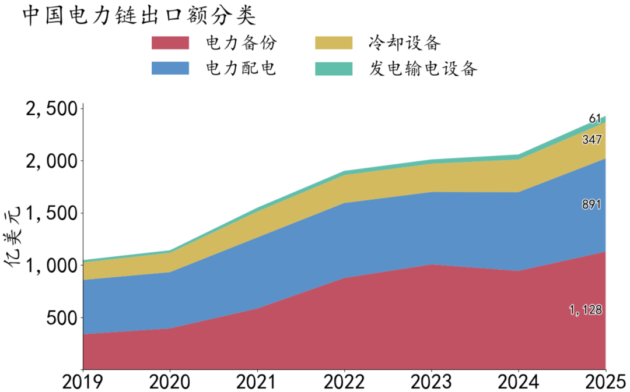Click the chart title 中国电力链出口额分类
coord(139,16)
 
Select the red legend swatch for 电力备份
coord(170,43)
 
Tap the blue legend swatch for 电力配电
coord(170,68)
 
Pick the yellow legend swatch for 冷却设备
coord(334,43)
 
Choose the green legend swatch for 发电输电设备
coord(334,69)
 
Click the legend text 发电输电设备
coord(423,69)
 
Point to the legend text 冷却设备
coord(405,43)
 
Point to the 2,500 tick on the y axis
coord(51,109)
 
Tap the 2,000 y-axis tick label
coord(51,161)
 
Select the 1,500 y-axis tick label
coord(51,213)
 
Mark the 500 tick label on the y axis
coord(61,318)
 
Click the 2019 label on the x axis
coord(83,382)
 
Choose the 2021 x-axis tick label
coord(257,382)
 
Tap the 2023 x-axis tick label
coord(432,382)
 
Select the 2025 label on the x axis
coord(605,382)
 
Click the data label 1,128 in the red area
coord(586,310)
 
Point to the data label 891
coord(591,204)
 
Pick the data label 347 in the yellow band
coord(592,140)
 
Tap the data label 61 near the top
coord(595,119)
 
